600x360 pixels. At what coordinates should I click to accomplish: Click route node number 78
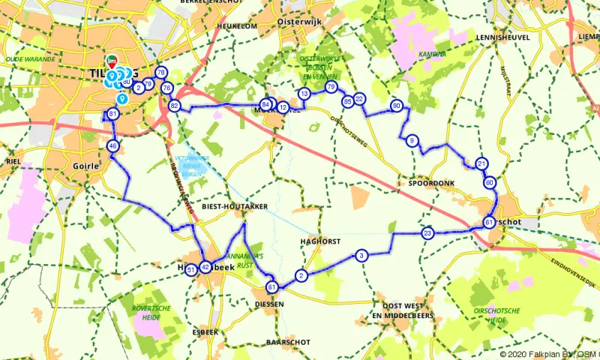tap(160, 73)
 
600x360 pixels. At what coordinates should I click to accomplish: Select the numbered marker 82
tap(174, 106)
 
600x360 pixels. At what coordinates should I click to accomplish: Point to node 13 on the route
tap(304, 94)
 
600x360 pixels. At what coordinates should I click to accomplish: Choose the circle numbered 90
tap(397, 106)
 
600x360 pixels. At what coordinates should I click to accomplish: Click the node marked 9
tap(412, 141)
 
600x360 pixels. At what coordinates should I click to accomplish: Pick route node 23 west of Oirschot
tap(427, 233)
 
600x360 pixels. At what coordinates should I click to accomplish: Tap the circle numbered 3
tap(361, 256)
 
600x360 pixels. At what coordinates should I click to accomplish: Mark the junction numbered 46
tap(112, 146)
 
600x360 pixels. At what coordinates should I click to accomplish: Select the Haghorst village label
tap(320, 241)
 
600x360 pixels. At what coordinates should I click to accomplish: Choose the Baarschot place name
tap(283, 342)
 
